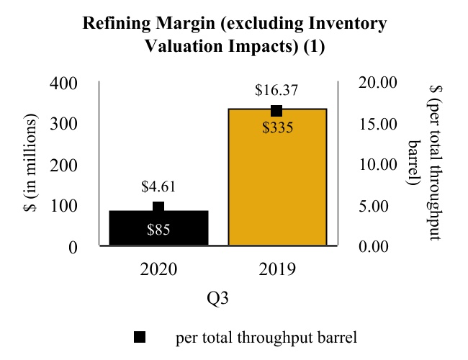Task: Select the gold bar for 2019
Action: [x=277, y=187]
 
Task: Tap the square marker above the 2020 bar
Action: [x=158, y=207]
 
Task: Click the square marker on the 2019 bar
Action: [x=276, y=111]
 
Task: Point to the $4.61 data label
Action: [x=158, y=188]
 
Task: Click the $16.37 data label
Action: [x=276, y=91]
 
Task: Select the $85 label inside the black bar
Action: [x=158, y=230]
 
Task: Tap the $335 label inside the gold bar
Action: [x=276, y=129]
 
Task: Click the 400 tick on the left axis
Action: [x=63, y=83]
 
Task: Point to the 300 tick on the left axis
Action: [x=63, y=124]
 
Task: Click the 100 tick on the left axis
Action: [x=63, y=206]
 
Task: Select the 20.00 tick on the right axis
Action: [x=377, y=83]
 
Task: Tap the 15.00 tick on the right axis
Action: [x=377, y=124]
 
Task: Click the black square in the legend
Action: [x=140, y=337]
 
